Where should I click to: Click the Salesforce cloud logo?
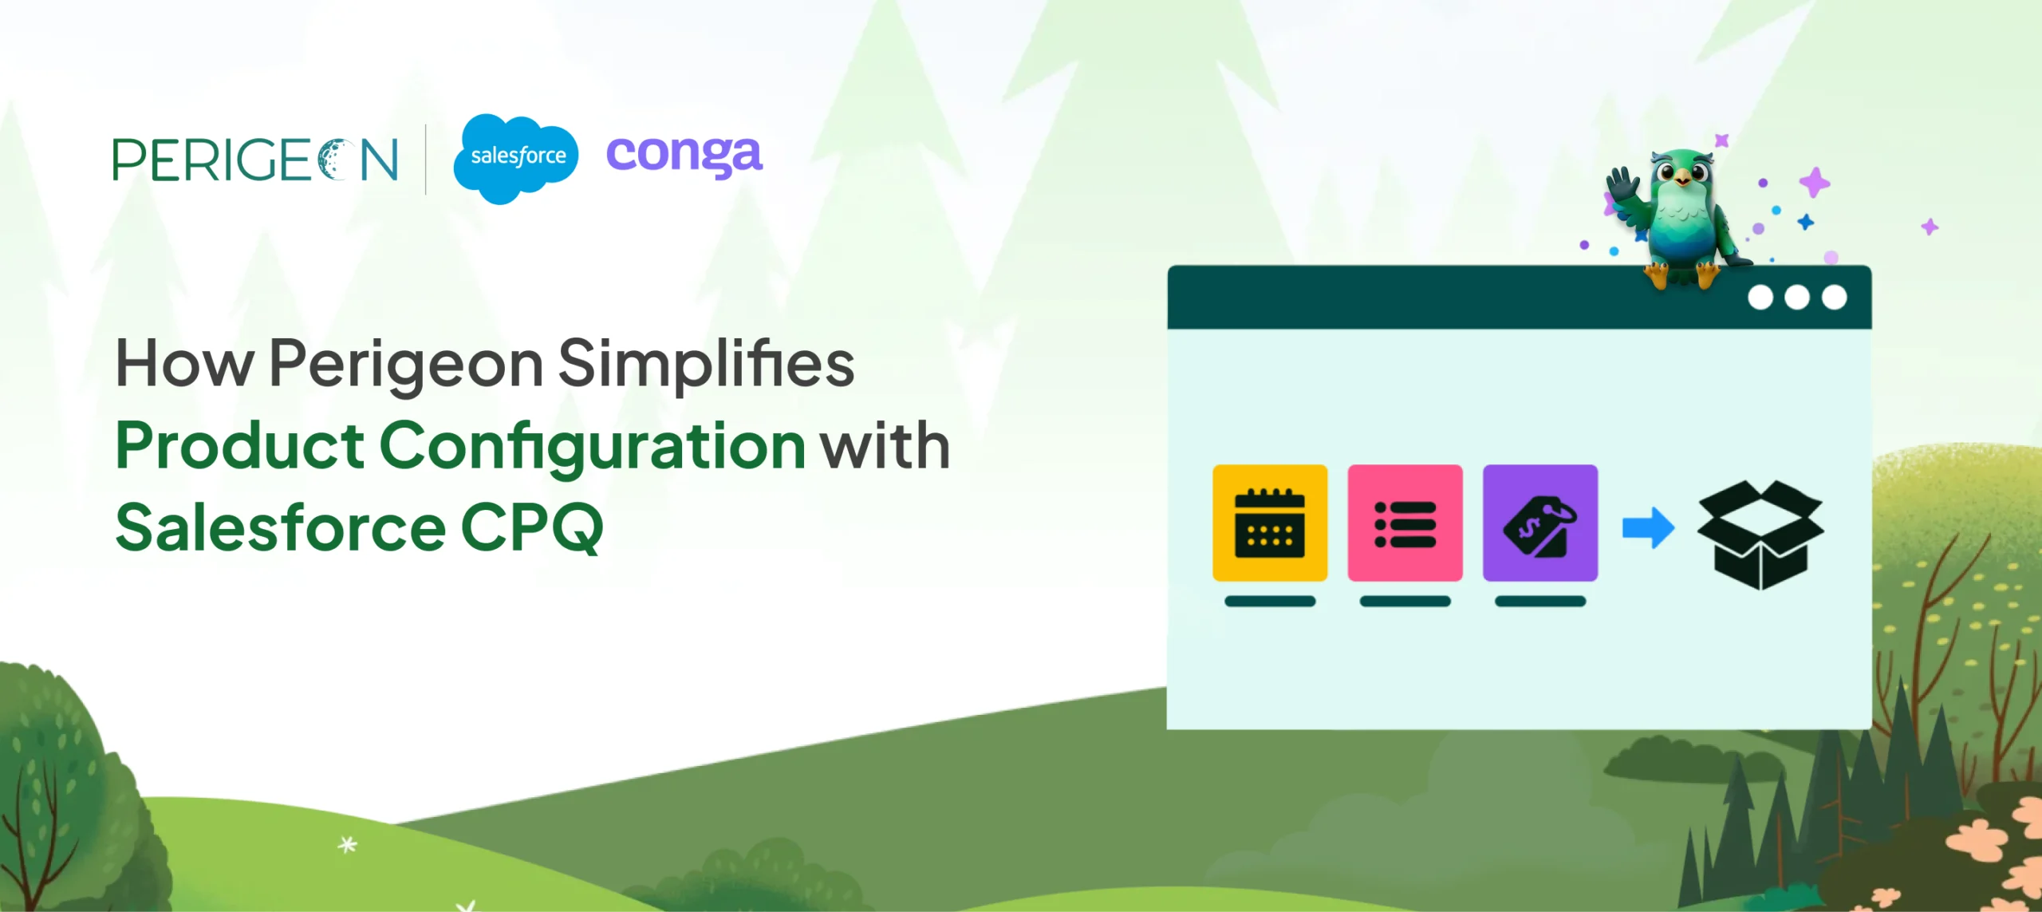click(515, 158)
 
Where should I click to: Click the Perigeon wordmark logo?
click(255, 160)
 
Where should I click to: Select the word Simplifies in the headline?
click(706, 364)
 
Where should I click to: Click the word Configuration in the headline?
click(592, 447)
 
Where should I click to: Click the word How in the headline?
click(184, 364)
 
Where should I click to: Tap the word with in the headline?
click(885, 447)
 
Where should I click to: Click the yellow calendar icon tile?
click(1270, 523)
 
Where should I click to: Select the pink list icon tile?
click(1405, 523)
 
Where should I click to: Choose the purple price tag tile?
click(1539, 523)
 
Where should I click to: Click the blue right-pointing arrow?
click(1648, 527)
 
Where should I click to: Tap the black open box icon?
click(1760, 534)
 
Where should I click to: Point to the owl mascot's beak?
click(1682, 180)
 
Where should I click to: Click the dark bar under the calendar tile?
click(1270, 602)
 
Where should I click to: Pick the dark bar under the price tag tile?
click(1539, 602)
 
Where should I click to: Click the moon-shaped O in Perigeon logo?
click(334, 160)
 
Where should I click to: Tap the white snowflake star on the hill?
click(347, 844)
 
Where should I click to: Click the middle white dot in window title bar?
click(1797, 298)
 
